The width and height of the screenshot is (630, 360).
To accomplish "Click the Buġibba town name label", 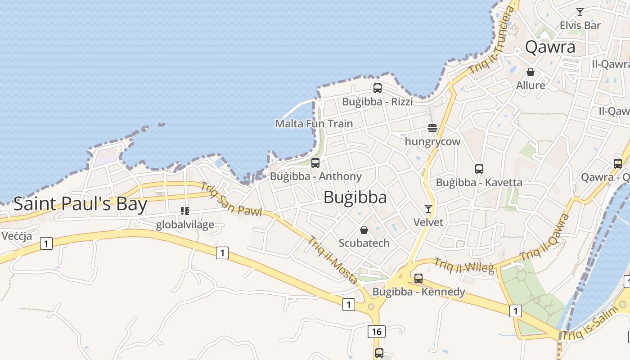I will click(x=355, y=198).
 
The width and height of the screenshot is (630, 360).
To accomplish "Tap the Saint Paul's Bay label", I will click(x=80, y=204).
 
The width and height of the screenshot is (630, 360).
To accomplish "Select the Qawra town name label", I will click(x=550, y=47).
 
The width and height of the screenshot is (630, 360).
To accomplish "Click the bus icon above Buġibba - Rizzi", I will click(x=377, y=88).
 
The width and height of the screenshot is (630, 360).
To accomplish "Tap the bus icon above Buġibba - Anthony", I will click(x=315, y=163).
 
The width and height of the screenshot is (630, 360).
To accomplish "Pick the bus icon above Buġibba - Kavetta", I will click(x=479, y=169).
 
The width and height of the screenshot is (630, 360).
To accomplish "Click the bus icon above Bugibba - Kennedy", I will click(x=418, y=279).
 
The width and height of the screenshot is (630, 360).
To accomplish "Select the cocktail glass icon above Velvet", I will click(x=428, y=209).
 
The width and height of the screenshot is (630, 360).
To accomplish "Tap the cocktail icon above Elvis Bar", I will click(x=580, y=12).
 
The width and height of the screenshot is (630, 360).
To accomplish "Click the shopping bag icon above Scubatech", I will click(x=364, y=230).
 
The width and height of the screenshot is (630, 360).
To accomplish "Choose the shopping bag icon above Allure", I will click(x=531, y=72).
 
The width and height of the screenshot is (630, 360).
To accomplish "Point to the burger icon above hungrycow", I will click(x=432, y=129).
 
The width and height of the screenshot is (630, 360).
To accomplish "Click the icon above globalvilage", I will click(x=184, y=211).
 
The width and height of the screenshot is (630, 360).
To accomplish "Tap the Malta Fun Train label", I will click(x=314, y=123).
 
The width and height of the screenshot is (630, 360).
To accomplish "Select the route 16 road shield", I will click(x=376, y=332).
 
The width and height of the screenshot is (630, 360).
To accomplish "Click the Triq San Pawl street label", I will click(x=231, y=199).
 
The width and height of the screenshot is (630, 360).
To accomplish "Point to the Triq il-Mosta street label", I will click(x=333, y=260).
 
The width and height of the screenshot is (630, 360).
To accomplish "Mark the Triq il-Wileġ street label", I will click(x=463, y=266).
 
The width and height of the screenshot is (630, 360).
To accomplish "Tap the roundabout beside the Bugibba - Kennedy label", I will click(x=371, y=307).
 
